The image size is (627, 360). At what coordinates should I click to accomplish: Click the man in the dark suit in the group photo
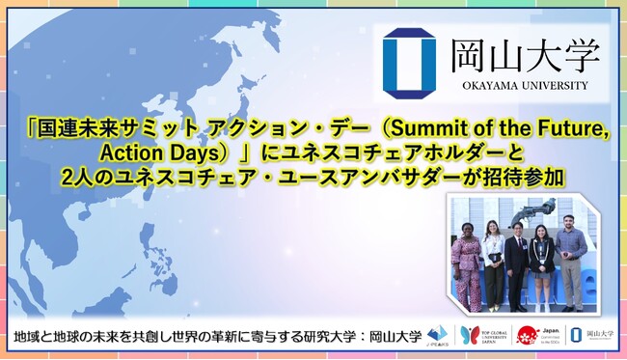coord(518,259)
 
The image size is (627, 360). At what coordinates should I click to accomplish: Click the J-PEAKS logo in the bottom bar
coord(438,334)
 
